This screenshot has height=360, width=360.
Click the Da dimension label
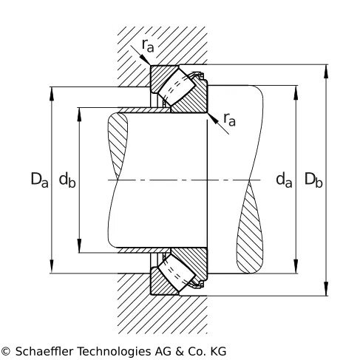(39, 180)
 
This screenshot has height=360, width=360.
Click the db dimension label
(67, 180)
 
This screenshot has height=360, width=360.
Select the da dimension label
(284, 180)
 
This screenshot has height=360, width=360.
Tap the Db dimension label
(313, 180)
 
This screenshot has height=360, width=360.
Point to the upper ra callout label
(148, 46)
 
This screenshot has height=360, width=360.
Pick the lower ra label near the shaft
(229, 120)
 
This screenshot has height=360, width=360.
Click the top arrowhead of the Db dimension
(326, 72)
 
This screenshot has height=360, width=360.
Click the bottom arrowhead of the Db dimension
(326, 288)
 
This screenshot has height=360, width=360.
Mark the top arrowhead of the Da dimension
(52, 94)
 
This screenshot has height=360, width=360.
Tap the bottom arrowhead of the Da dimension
(52, 266)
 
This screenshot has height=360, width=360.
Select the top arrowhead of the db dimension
(79, 115)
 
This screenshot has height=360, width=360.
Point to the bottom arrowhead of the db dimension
(79, 245)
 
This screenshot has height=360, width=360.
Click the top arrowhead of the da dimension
(296, 92)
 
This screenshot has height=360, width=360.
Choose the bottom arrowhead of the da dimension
(296, 266)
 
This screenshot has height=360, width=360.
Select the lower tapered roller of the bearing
(177, 273)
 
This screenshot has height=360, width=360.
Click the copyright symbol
(6, 351)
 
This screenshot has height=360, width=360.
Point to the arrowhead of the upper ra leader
(145, 59)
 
